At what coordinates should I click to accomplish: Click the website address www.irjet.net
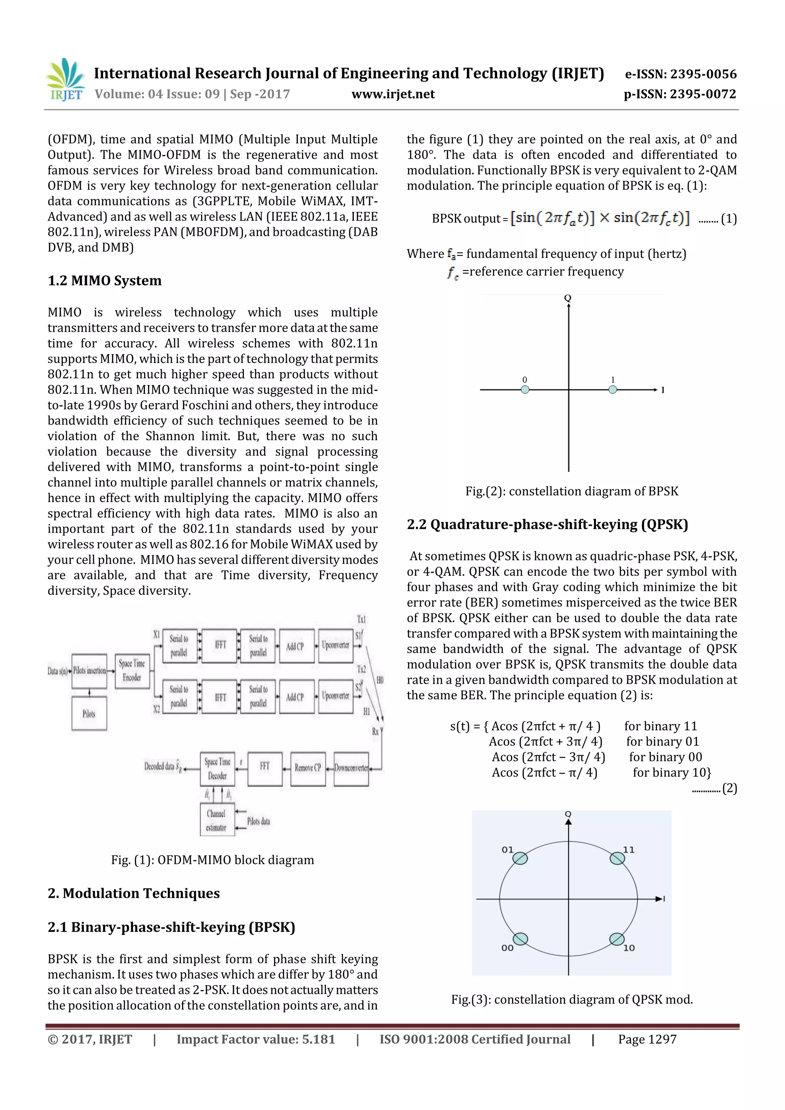click(393, 94)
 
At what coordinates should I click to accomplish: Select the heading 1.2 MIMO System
click(105, 280)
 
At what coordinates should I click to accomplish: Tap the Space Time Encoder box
click(132, 671)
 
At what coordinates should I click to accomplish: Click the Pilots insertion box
click(89, 671)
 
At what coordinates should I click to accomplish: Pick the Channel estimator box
click(217, 820)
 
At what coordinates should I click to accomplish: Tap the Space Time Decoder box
click(217, 768)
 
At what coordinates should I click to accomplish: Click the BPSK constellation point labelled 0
click(525, 389)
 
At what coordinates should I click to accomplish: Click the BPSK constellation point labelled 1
click(613, 389)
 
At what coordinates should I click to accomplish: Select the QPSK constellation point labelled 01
click(520, 858)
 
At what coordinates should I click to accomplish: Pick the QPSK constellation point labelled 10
click(617, 939)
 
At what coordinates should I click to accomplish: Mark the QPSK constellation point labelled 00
click(520, 939)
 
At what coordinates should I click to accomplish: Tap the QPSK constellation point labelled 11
click(617, 858)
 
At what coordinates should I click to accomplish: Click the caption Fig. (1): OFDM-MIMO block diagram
click(212, 859)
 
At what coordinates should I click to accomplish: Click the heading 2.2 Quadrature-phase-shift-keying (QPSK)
click(547, 525)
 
